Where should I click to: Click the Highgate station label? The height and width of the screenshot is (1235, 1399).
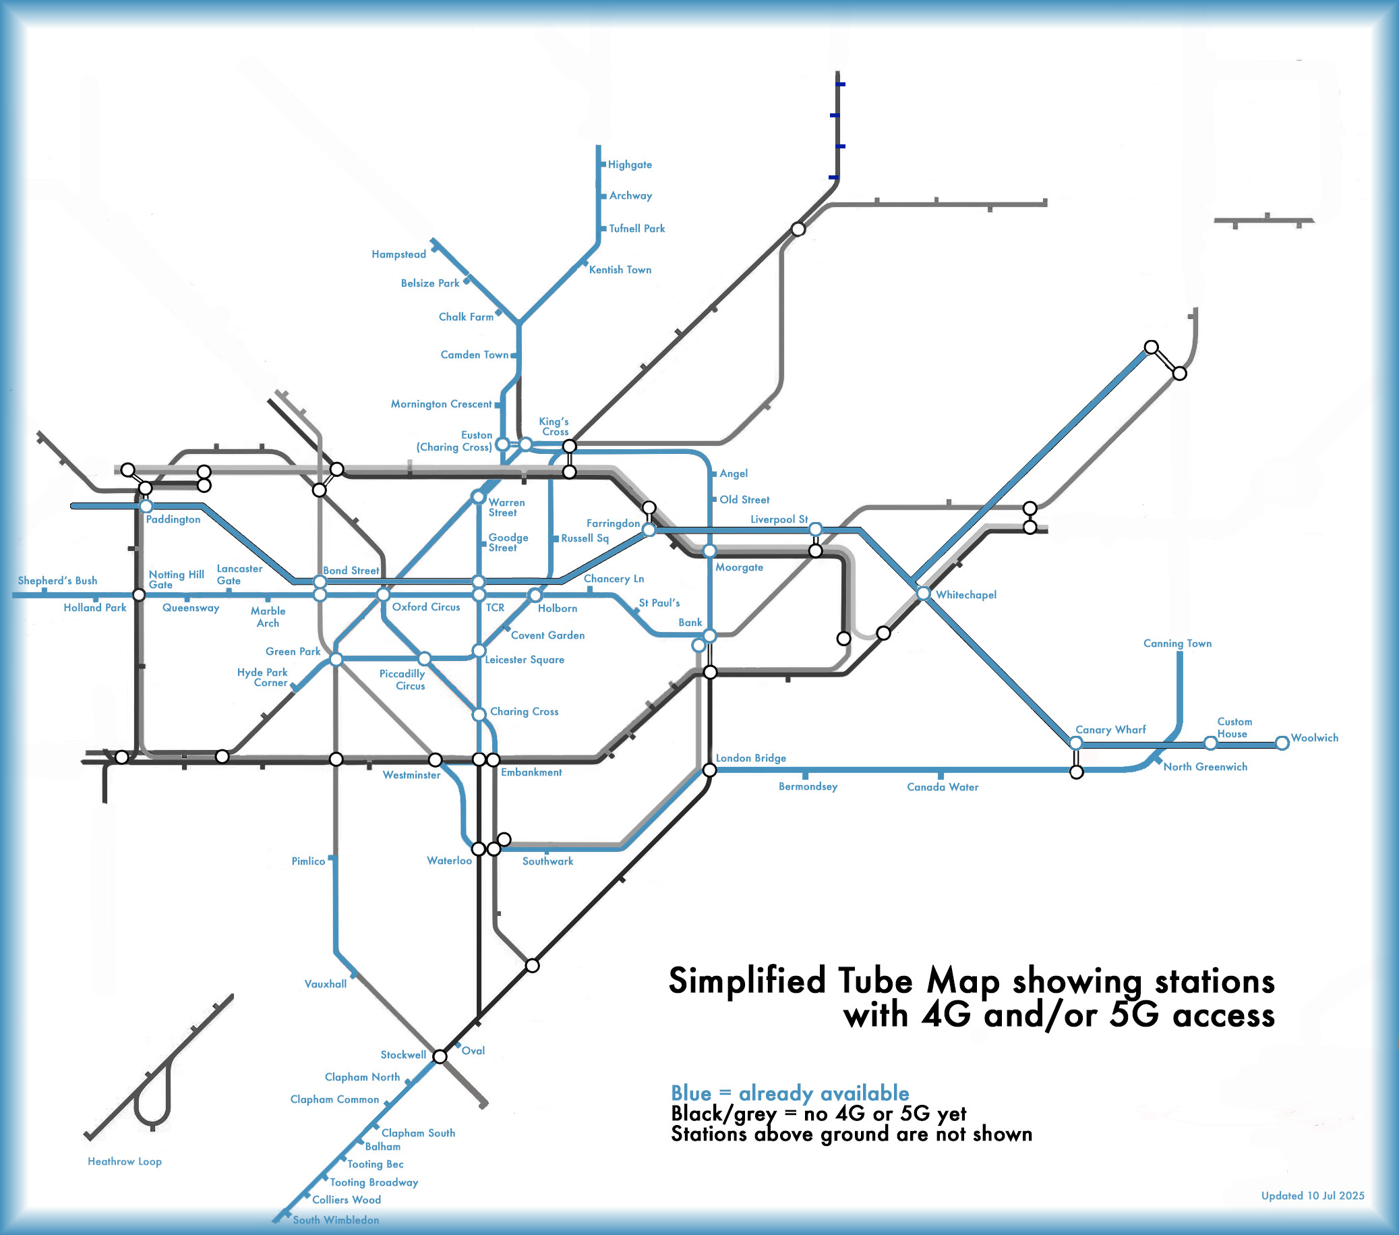pyautogui.click(x=630, y=165)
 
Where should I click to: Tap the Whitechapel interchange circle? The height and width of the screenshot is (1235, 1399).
pyautogui.click(x=923, y=594)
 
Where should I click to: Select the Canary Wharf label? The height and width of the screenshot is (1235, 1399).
pyautogui.click(x=1110, y=730)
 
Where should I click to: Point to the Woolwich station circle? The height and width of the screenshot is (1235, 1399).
pyautogui.click(x=1282, y=743)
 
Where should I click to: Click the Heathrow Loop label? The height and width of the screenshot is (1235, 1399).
pyautogui.click(x=125, y=1161)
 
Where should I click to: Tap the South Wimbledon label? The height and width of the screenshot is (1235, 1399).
pyautogui.click(x=335, y=1219)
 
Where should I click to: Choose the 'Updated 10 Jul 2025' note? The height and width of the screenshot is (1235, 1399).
pyautogui.click(x=1312, y=1195)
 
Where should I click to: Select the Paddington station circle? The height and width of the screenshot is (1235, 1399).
pyautogui.click(x=146, y=507)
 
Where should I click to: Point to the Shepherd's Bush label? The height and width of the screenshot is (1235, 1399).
pyautogui.click(x=57, y=581)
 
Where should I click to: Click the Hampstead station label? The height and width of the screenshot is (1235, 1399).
pyautogui.click(x=398, y=255)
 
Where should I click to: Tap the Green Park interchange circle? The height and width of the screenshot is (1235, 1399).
pyautogui.click(x=336, y=659)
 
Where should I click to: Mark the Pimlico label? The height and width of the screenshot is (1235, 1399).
pyautogui.click(x=308, y=861)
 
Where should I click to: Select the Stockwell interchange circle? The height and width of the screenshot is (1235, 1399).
pyautogui.click(x=440, y=1056)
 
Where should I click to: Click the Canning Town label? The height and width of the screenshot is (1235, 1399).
pyautogui.click(x=1177, y=643)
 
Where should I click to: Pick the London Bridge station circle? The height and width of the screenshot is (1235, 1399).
pyautogui.click(x=710, y=770)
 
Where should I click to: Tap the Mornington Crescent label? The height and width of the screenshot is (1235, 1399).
pyautogui.click(x=441, y=404)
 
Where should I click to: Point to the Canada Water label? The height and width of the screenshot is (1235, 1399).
pyautogui.click(x=943, y=787)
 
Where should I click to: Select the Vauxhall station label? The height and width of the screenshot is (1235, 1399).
pyautogui.click(x=325, y=984)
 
